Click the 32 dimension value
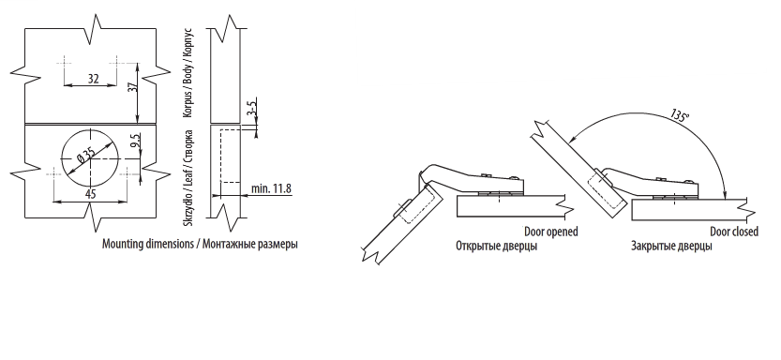[93, 79]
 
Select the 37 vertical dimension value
[132, 86]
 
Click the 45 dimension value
[90, 194]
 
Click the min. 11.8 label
[271, 188]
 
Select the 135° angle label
[680, 115]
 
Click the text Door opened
[551, 232]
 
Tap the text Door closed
[734, 232]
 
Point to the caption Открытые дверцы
[496, 246]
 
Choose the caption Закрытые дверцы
[671, 246]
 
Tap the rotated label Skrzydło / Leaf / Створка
[188, 179]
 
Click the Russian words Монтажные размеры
[250, 245]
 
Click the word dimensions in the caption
[170, 244]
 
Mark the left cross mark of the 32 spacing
[65, 63]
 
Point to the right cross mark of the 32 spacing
[116, 63]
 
